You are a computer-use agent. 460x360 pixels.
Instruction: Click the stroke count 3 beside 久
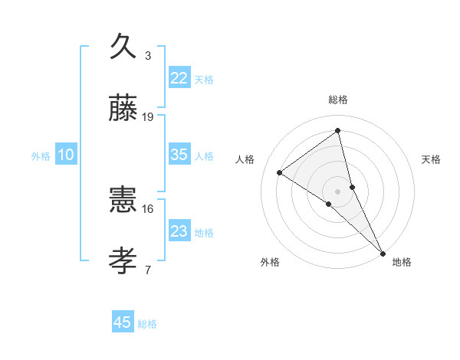[148, 55]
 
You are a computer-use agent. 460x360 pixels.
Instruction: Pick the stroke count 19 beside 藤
[148, 116]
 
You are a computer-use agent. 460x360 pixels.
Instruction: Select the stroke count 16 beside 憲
[148, 208]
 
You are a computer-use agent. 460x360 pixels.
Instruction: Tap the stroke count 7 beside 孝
[148, 270]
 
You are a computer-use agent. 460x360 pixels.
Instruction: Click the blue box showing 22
[179, 78]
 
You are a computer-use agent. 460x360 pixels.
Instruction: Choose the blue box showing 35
[179, 155]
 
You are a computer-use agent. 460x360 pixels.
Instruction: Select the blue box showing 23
[179, 231]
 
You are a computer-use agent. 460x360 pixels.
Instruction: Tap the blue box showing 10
[66, 155]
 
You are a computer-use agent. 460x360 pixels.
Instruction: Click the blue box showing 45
[123, 322]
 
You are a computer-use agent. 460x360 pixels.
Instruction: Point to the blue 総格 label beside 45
[147, 324]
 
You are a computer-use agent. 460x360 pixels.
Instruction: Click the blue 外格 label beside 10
[41, 156]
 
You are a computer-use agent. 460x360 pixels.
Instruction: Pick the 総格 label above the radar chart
[338, 100]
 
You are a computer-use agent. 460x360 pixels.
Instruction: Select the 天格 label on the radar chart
[432, 159]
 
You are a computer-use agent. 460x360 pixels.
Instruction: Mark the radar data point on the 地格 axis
[383, 252]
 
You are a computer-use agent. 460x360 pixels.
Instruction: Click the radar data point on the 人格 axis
[280, 172]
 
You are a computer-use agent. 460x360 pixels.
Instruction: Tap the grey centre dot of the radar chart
[338, 191]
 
